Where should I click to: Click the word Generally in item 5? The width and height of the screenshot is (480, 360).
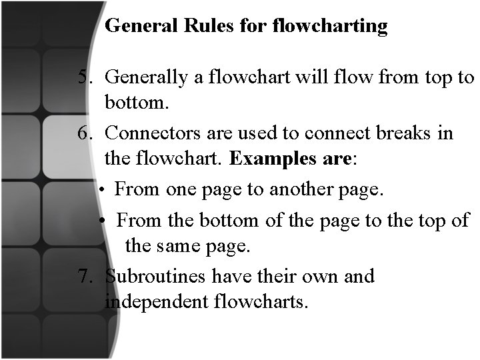pyautogui.click(x=146, y=78)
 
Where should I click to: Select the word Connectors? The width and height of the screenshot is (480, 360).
pyautogui.click(x=150, y=133)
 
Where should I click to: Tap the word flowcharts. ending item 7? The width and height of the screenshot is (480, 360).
pyautogui.click(x=262, y=303)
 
